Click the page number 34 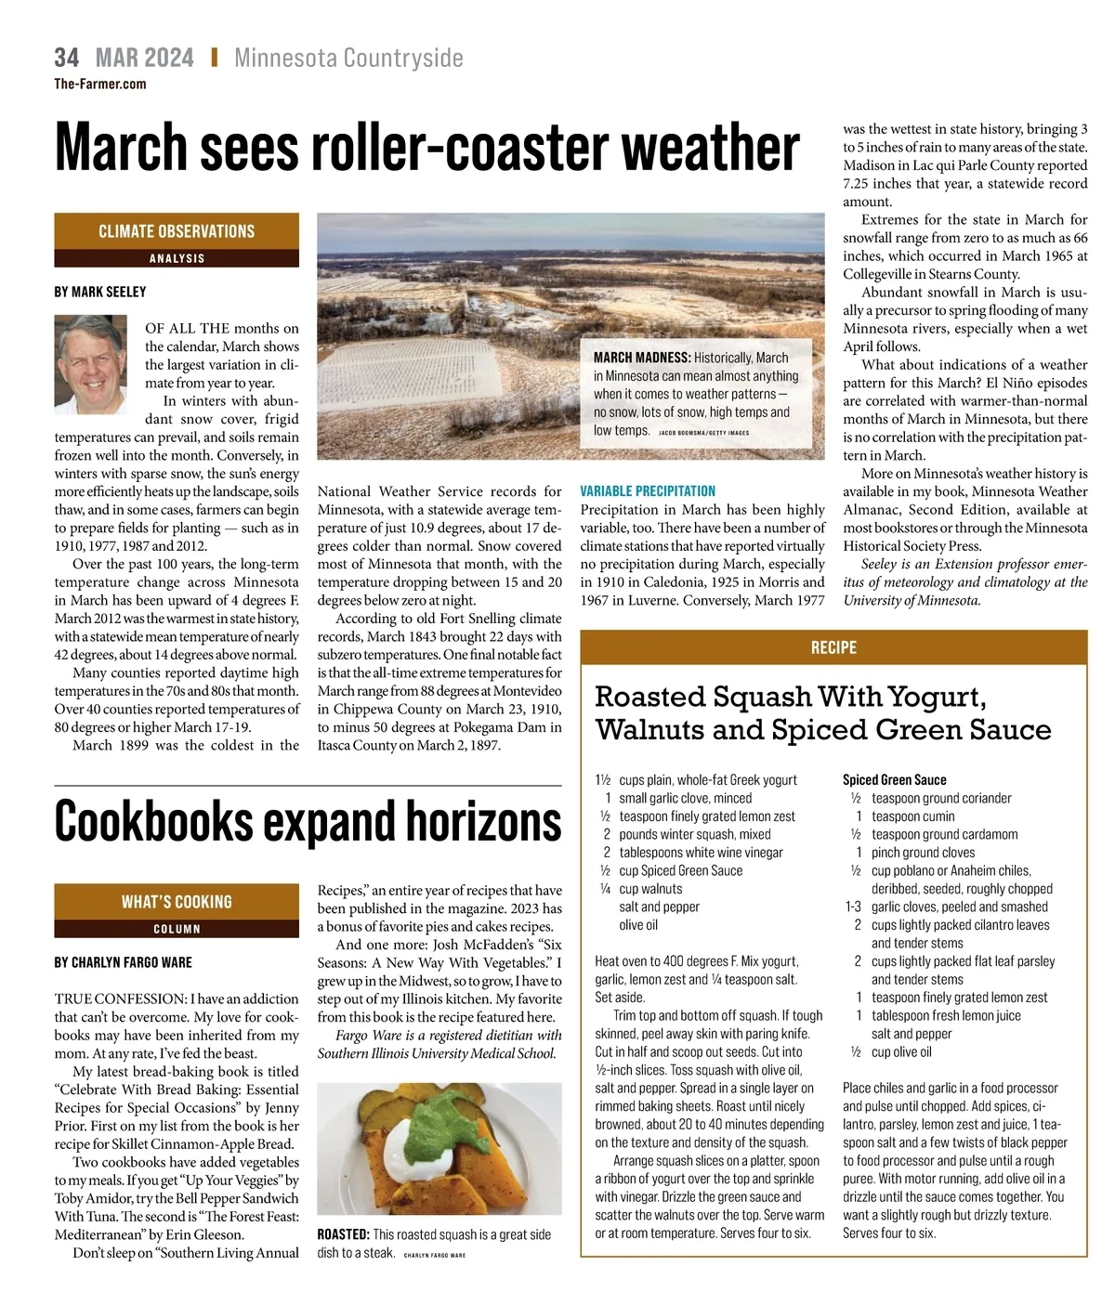[x=66, y=58]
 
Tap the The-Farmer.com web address [x=99, y=84]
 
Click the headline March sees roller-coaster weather [x=426, y=147]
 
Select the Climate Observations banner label [x=177, y=231]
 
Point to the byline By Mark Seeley [x=100, y=292]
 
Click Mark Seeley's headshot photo [x=91, y=364]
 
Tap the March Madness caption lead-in [x=642, y=358]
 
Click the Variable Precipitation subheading [x=648, y=491]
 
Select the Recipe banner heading [x=833, y=647]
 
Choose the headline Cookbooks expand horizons [x=308, y=822]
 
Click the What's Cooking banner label [x=177, y=901]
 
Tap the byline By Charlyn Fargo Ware [x=124, y=962]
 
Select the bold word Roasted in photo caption [x=343, y=1234]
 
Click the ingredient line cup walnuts [x=650, y=889]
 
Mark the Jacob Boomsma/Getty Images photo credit [x=703, y=433]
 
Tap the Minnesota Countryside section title [x=348, y=58]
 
